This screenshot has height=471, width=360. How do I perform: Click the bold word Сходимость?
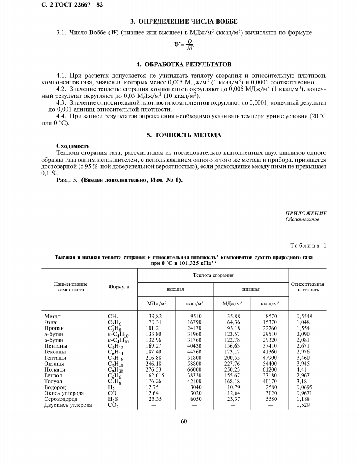click(70, 146)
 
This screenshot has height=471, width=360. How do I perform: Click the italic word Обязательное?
click(302, 220)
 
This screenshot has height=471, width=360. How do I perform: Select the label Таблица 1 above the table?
click(308, 246)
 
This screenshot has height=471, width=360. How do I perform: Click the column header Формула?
click(118, 287)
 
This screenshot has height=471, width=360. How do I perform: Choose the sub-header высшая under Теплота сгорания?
click(175, 289)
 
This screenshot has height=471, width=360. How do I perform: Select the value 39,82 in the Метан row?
click(155, 316)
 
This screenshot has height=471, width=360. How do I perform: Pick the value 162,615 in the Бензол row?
click(155, 375)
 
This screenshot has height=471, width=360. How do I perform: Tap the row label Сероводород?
click(61, 399)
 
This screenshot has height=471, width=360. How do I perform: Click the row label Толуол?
click(53, 381)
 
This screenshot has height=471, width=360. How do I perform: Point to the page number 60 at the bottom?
click(184, 421)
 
